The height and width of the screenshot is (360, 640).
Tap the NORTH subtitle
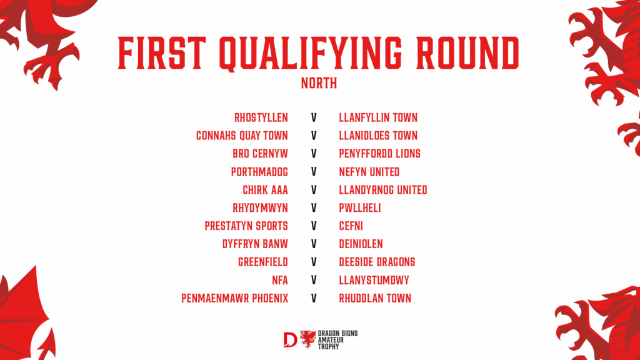pyautogui.click(x=319, y=83)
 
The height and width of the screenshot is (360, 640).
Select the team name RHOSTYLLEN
pyautogui.click(x=261, y=118)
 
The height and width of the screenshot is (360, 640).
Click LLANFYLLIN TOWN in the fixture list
pyautogui.click(x=378, y=118)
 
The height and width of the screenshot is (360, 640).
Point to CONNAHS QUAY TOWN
pyautogui.click(x=242, y=136)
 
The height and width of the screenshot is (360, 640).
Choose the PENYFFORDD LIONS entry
pyautogui.click(x=379, y=154)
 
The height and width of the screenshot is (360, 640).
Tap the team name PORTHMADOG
pyautogui.click(x=259, y=172)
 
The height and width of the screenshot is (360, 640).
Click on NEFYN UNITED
pyautogui.click(x=369, y=172)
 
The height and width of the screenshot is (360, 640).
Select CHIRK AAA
pyautogui.click(x=265, y=190)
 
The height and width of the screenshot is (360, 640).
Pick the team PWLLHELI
pyautogui.click(x=360, y=208)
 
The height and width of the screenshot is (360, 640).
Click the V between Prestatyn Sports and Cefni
pyautogui.click(x=314, y=226)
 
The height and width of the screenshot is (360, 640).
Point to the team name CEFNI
pyautogui.click(x=351, y=226)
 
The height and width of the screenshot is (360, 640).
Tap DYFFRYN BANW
pyautogui.click(x=255, y=244)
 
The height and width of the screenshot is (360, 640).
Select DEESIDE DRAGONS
pyautogui.click(x=377, y=262)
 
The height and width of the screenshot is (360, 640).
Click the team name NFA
pyautogui.click(x=280, y=281)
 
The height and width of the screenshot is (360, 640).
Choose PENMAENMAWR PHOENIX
pyautogui.click(x=235, y=298)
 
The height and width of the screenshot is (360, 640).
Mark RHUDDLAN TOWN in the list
pyautogui.click(x=375, y=298)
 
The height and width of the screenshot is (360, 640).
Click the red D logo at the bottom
pyautogui.click(x=290, y=339)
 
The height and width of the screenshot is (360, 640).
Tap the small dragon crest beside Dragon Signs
pyautogui.click(x=307, y=339)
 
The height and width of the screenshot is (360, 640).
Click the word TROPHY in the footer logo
pyautogui.click(x=329, y=346)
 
